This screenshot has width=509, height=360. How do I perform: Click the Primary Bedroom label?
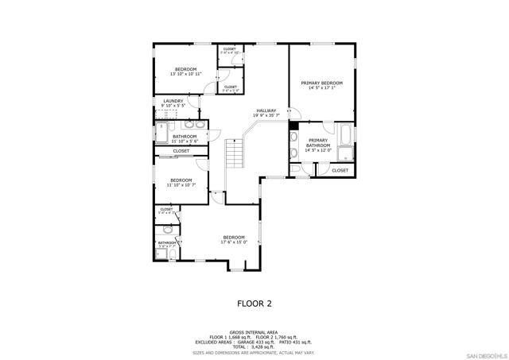tap(321, 86)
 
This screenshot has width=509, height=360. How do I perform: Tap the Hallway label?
tap(266, 113)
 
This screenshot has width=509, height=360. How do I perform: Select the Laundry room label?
tap(173, 103)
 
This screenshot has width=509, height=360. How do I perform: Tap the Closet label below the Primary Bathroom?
tap(340, 170)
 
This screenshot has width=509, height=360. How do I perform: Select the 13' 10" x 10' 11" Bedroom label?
tap(186, 72)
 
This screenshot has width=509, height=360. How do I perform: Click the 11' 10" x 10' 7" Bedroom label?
tap(181, 182)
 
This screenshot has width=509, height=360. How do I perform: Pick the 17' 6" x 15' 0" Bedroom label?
tap(234, 240)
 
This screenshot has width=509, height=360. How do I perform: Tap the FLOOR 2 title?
tap(254, 304)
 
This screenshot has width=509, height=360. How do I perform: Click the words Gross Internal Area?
tap(254, 332)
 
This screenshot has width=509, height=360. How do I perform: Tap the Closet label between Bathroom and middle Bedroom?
tap(181, 151)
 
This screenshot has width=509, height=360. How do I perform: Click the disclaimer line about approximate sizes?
tap(254, 352)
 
